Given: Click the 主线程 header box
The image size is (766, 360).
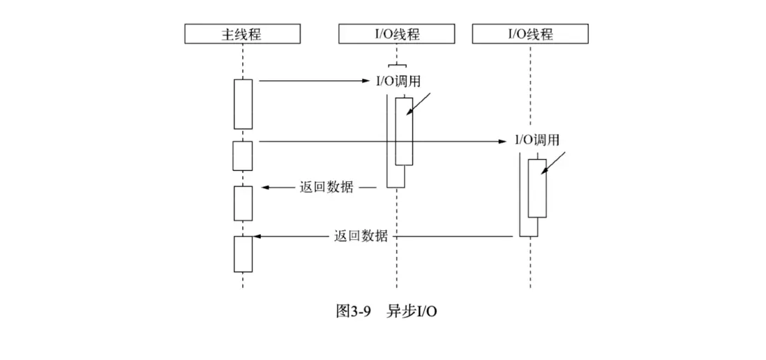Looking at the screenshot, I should point(242,33).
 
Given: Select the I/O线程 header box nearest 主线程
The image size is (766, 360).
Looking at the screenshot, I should point(396,33).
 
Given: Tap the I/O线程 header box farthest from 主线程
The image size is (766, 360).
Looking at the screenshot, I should point(530,33).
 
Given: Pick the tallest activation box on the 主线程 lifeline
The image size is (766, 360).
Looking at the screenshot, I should point(243,104).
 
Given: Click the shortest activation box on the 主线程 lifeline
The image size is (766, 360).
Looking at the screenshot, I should point(243,156).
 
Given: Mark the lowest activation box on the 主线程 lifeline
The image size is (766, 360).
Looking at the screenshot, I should point(243,254).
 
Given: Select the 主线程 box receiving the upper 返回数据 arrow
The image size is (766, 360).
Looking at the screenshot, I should point(243,203).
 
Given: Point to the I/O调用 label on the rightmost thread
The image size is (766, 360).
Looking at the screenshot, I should point(537,140).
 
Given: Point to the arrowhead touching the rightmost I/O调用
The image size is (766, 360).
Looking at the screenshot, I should point(502,142).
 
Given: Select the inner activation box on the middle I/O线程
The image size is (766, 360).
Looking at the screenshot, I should point(404,131).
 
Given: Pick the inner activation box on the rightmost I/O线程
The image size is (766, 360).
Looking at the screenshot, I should point(536,188).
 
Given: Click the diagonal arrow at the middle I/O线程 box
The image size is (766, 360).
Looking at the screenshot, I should point(419,105).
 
